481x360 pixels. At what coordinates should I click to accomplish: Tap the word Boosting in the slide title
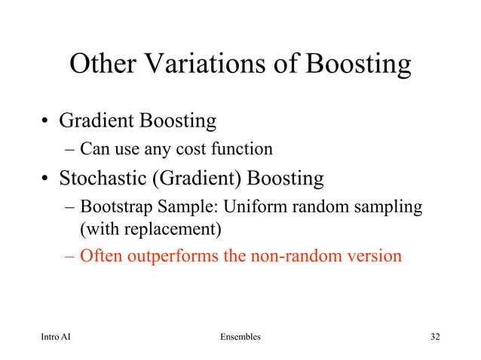pos(358,66)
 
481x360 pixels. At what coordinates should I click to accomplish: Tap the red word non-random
pos(298,256)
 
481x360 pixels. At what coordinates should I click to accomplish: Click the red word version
pos(375,256)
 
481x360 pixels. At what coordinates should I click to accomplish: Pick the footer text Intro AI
pos(57,337)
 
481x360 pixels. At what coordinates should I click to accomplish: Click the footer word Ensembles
pos(240,337)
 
